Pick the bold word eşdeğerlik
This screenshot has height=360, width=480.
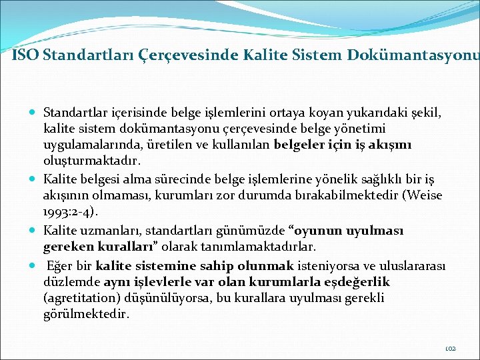(x=358, y=281)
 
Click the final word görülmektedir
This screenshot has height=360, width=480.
(x=86, y=315)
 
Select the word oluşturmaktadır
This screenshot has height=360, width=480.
(x=86, y=161)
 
